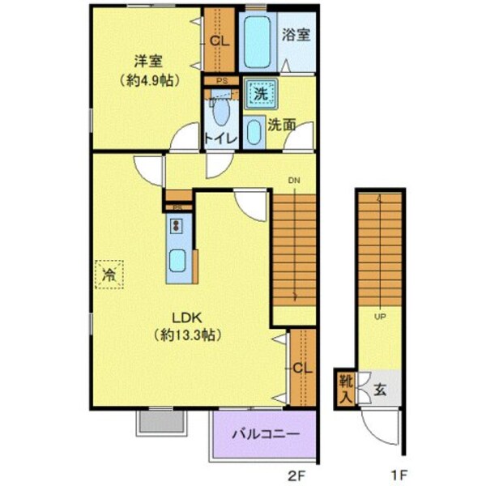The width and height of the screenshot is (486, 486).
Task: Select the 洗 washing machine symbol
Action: point(261,94)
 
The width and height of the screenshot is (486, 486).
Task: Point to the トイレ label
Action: point(220,139)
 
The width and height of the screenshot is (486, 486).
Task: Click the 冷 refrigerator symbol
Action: point(108,275)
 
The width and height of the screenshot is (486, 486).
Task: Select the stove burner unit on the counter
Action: point(177,224)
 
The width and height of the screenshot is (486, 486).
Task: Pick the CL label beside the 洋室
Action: point(220,40)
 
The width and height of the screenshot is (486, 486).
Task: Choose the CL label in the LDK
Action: point(302,369)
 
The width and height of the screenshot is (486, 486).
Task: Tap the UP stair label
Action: point(378,316)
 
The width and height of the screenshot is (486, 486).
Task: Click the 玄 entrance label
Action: point(380,388)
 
